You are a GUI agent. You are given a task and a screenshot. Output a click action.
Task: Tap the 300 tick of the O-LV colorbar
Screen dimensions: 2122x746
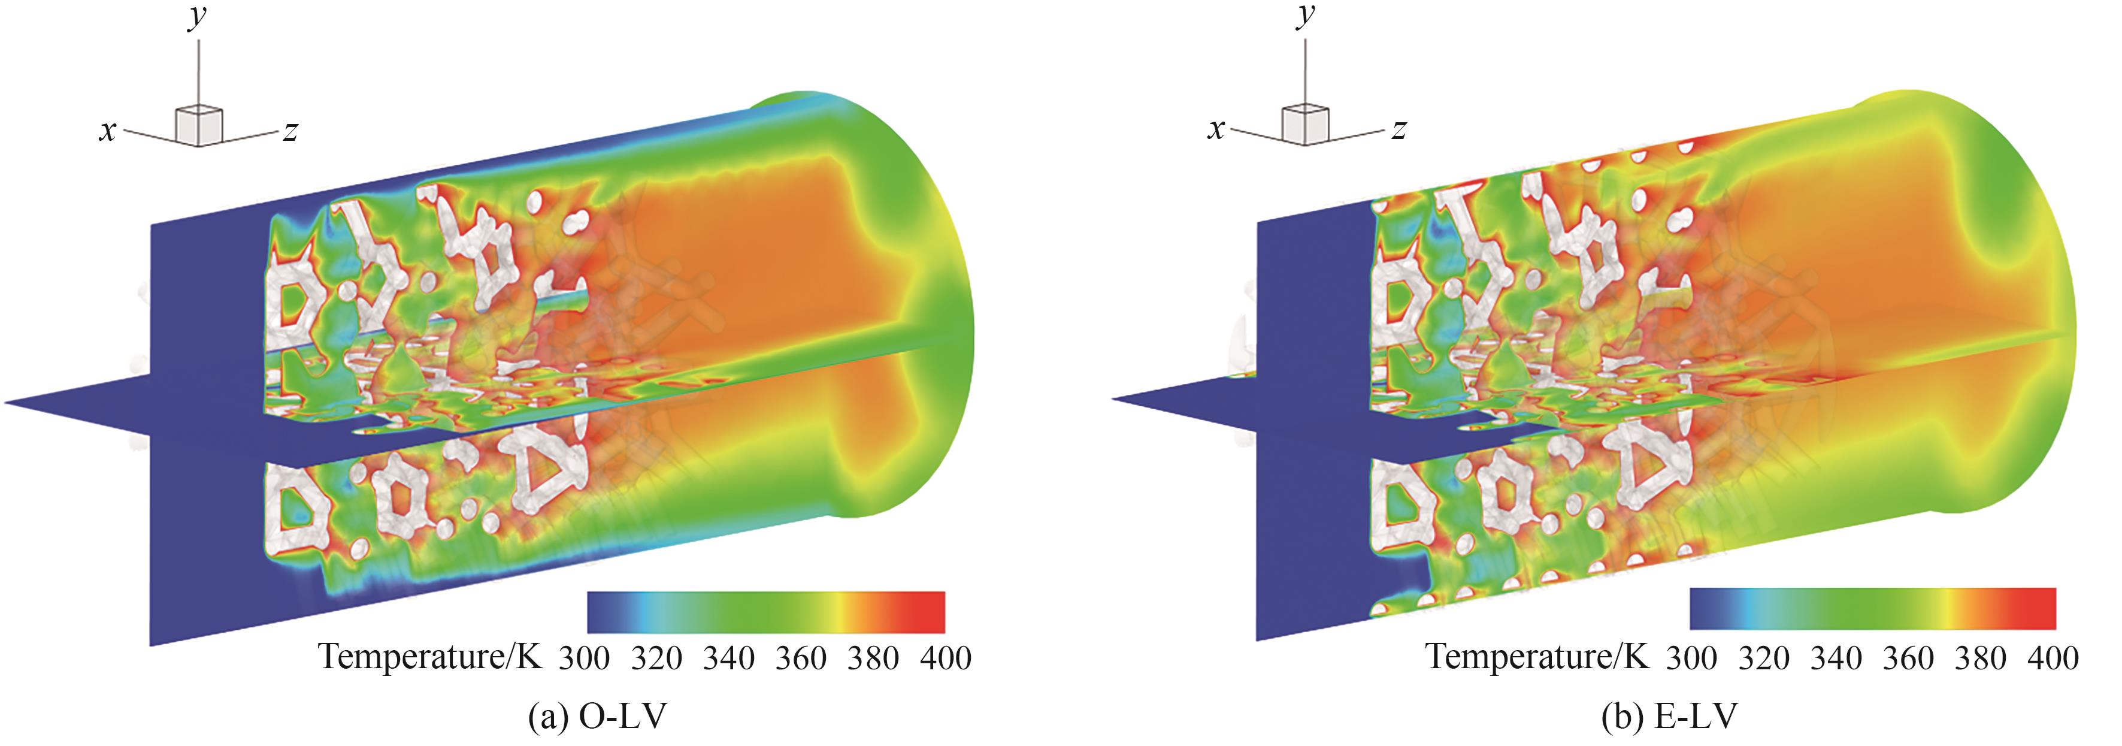(x=584, y=659)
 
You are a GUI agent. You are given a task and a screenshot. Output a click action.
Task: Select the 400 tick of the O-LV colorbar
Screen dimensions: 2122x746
(x=946, y=659)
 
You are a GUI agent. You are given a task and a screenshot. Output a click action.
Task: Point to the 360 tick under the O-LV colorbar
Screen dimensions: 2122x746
(x=801, y=659)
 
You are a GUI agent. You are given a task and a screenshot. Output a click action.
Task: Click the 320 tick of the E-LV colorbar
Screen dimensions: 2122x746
(x=1764, y=659)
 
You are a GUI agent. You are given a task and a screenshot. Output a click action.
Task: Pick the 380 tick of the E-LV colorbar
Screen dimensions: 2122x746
(x=1980, y=659)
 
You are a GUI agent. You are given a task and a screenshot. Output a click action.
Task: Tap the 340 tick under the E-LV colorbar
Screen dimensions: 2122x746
(x=1836, y=659)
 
